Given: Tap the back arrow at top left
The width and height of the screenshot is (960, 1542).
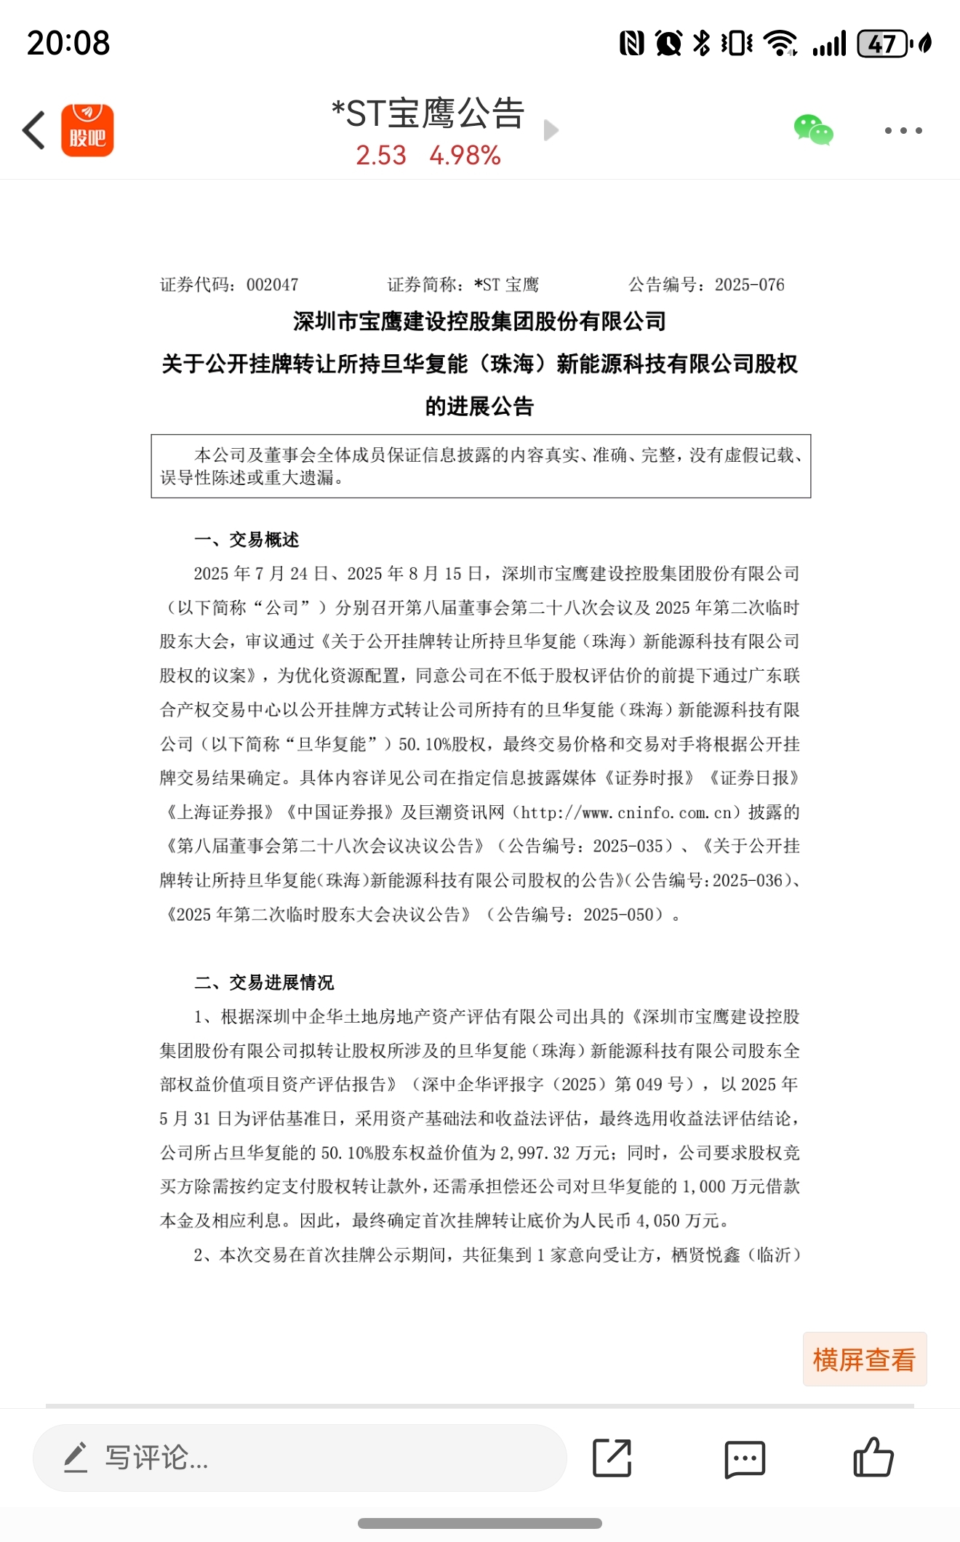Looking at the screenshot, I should click(x=34, y=131).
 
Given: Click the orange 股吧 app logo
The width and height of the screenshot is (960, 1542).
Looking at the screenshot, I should click(x=87, y=131).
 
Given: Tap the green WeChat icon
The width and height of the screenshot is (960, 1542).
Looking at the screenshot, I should click(x=813, y=131).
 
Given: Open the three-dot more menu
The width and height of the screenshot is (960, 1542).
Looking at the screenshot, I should click(x=903, y=131).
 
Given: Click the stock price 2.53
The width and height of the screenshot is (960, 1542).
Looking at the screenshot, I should click(x=381, y=156).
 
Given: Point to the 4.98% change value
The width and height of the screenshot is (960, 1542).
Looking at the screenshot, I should click(x=465, y=156).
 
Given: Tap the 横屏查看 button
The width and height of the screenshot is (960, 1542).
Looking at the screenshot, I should click(x=864, y=1359).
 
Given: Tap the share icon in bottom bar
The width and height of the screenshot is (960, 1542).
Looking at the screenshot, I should click(x=612, y=1458).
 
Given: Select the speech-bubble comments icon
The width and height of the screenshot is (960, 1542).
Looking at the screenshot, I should click(x=745, y=1458).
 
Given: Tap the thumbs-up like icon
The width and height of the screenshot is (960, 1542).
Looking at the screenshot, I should click(x=873, y=1457).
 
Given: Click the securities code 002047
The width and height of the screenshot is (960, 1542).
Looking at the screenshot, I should click(x=272, y=285).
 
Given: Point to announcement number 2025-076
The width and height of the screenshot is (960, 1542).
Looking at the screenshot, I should click(x=749, y=285).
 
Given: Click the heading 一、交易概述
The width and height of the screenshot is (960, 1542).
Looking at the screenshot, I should click(x=247, y=540).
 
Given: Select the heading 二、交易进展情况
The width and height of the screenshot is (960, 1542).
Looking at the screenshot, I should click(x=264, y=983).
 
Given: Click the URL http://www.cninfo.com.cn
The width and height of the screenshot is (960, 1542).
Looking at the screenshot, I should click(x=626, y=812).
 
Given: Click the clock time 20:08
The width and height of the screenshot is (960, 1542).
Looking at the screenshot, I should click(x=68, y=43).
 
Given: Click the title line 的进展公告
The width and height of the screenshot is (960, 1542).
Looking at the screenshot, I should click(x=479, y=406).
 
